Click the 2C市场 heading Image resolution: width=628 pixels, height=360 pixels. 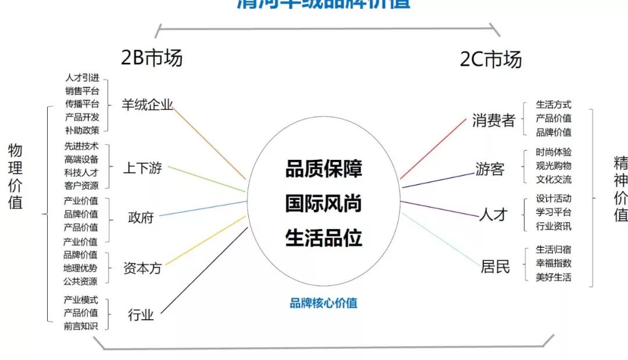491,59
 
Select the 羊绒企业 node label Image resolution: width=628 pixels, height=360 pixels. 147,105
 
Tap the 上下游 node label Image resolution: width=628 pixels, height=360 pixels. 142,169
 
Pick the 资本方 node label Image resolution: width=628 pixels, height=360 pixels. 142,268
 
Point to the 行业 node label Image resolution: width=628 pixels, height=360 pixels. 141,315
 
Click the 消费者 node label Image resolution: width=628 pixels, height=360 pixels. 494,121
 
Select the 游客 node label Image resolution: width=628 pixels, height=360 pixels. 490,169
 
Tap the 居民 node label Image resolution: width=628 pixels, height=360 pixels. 495,266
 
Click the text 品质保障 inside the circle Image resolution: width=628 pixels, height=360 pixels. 323,169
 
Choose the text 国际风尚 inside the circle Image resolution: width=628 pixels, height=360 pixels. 323,204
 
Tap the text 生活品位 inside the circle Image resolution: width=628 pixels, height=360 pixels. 323,238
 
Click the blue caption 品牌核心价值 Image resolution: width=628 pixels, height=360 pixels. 323,303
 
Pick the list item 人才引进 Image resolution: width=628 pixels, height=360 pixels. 82,77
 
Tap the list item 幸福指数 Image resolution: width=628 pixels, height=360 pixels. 554,263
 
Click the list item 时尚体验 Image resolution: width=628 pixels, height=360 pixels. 554,152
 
